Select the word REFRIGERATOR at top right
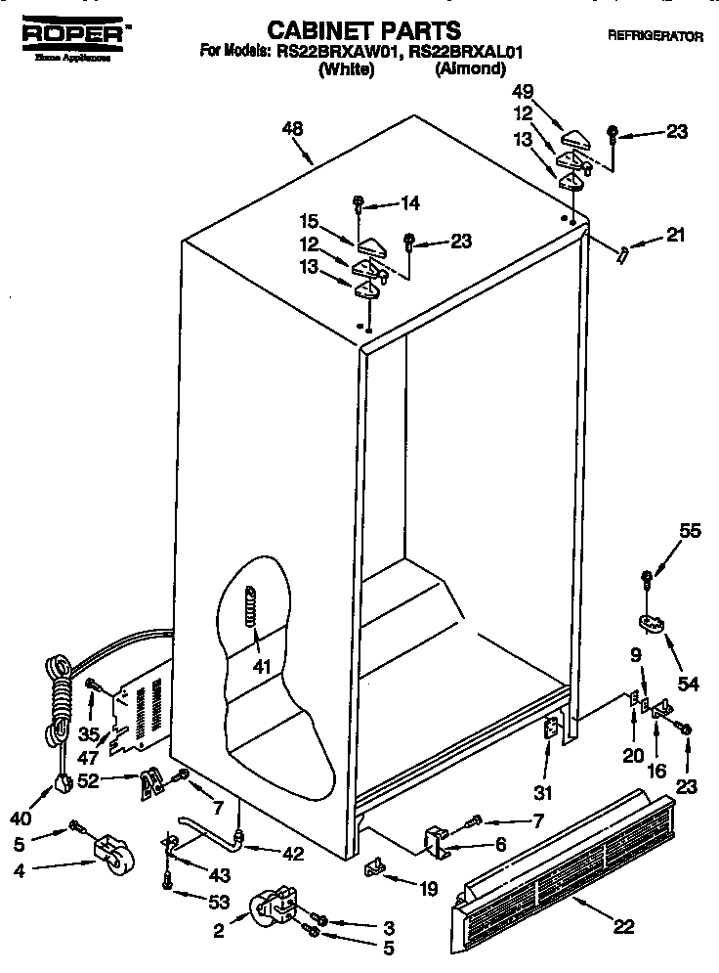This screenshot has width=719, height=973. pos(655,36)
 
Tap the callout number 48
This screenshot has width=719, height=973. pos(291,129)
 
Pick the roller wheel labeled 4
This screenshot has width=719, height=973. pos(113,854)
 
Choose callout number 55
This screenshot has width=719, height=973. pos(690,531)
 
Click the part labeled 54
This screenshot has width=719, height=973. pos(649,622)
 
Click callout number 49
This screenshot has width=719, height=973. pos(524,93)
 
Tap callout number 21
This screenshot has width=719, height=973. pos(675,235)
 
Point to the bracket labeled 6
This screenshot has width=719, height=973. pos(438,842)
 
